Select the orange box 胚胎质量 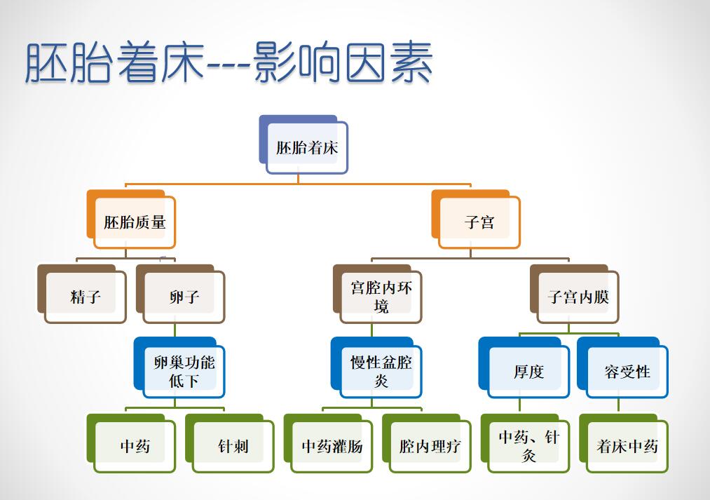point(131,219)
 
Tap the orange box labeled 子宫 point(476,219)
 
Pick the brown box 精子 point(82,294)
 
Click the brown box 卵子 point(180,294)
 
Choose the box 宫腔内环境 point(378,294)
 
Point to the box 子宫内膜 point(575,294)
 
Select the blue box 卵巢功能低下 point(179,367)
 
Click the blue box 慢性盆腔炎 point(377,367)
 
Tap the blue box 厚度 point(524,367)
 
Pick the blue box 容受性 point(623,367)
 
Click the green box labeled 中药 point(131,443)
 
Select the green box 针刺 point(230,443)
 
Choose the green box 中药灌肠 point(328,443)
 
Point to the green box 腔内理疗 point(427,443)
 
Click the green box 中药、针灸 point(525,443)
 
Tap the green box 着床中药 point(624,443)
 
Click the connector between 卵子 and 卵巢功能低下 point(175,330)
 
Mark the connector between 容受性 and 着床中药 point(618,406)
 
